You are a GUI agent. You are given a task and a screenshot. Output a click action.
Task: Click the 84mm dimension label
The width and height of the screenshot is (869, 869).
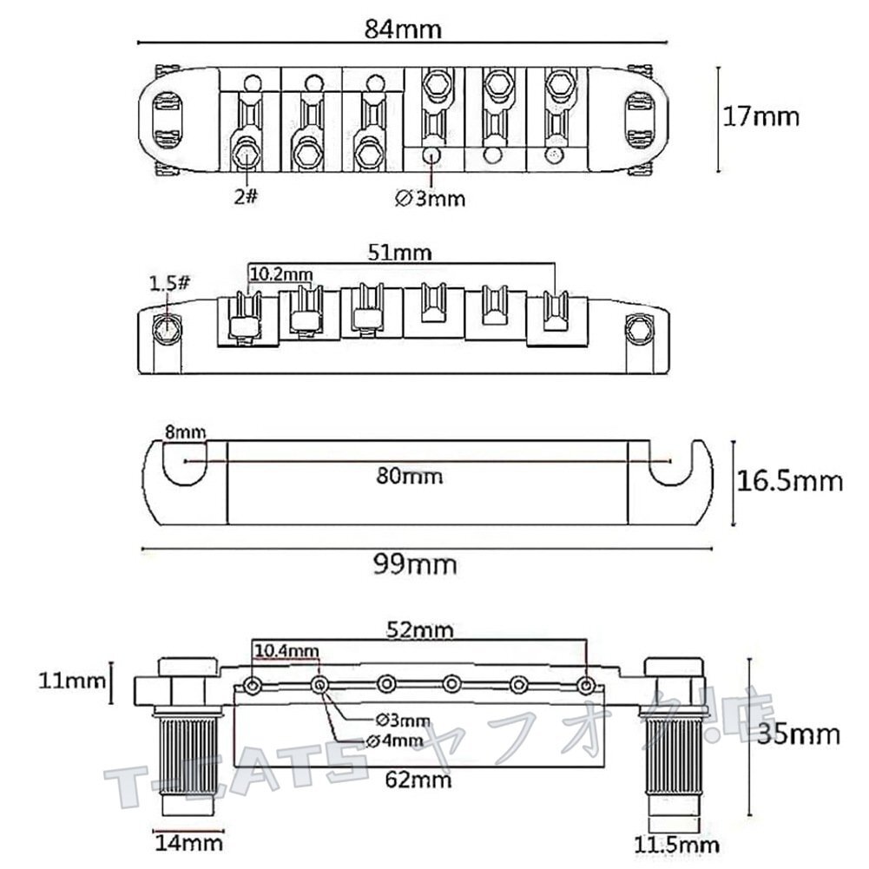pos(403,30)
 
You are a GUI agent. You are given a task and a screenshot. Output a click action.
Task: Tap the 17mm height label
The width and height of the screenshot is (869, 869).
pos(761,117)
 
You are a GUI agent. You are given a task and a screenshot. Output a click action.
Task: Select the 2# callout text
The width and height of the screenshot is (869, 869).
pos(246,195)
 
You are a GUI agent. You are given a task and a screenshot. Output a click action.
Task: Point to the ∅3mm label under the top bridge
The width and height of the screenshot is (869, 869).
pos(430,198)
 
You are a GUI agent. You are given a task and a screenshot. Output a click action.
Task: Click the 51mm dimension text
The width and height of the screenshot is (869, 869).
pos(399,253)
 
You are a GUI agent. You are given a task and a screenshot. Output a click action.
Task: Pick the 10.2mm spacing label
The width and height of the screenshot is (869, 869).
pos(281,273)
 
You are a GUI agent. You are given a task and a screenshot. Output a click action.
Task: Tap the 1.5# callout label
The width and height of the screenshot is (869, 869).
pos(169,284)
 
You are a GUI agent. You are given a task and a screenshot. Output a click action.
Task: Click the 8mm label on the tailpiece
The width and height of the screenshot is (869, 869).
pos(185,431)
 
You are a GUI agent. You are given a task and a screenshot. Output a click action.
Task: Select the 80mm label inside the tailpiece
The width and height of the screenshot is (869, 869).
pos(410,476)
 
